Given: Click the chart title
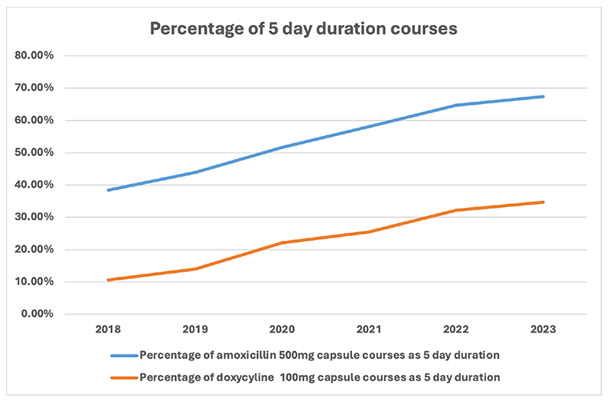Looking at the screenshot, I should [303, 29].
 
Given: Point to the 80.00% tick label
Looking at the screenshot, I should [34, 56].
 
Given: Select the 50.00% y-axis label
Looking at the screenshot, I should [34, 152].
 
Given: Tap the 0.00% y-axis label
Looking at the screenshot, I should [37, 314].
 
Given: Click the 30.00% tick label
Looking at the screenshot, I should [34, 217].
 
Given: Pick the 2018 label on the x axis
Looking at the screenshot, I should [109, 331].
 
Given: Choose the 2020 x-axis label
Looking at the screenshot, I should [282, 331].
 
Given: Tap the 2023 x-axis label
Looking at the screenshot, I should [543, 331].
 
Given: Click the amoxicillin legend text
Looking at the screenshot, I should [320, 356].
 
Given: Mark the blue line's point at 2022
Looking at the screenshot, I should [456, 105].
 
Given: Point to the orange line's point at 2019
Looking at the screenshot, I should [196, 269].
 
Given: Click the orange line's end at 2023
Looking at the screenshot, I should [543, 202].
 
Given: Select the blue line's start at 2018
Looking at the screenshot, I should [109, 190].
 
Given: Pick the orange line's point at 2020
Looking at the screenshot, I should [282, 242].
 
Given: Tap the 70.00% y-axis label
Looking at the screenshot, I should [34, 88].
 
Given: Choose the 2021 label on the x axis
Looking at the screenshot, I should [370, 331].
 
